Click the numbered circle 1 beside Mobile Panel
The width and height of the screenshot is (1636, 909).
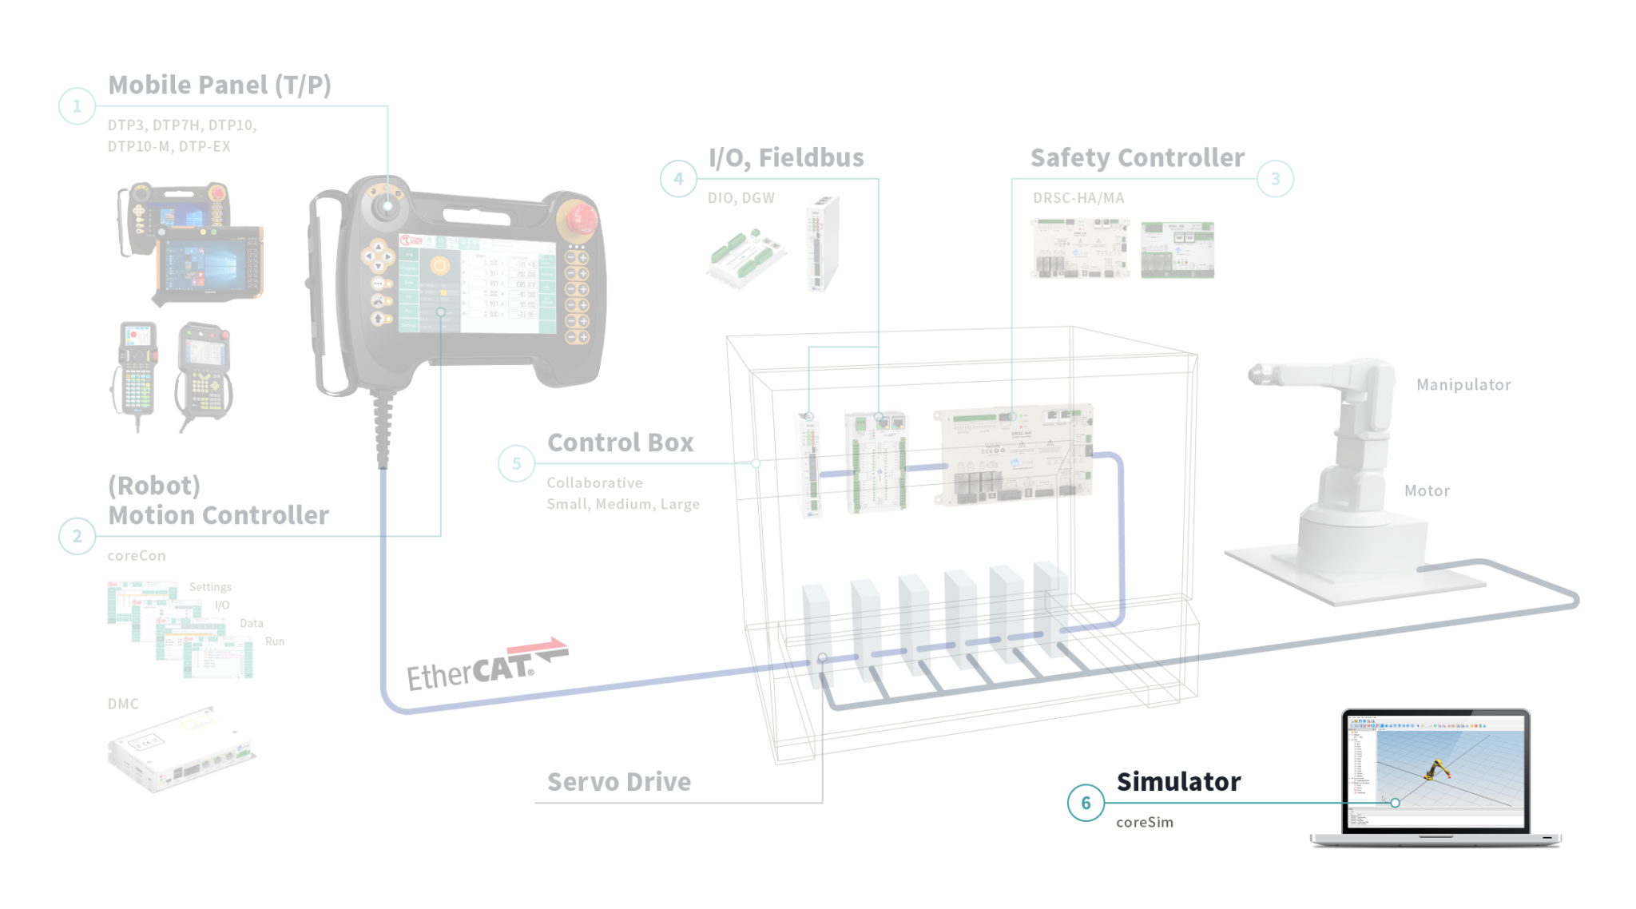[x=77, y=105]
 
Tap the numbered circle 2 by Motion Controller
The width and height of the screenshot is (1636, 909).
[x=77, y=536]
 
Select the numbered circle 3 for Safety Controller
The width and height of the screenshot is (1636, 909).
[x=1275, y=178]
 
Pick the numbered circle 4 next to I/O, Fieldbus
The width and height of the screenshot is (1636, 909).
[x=678, y=178]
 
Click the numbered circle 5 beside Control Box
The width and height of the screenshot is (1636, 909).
[x=516, y=463]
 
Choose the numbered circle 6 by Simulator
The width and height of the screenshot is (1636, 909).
[x=1086, y=802]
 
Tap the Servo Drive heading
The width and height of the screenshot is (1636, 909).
[x=619, y=782]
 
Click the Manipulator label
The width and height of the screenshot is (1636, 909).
[x=1463, y=385]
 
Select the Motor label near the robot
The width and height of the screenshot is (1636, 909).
[x=1427, y=491]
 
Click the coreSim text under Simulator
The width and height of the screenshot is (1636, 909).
[x=1145, y=823]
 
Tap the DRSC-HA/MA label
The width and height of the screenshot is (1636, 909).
[x=1078, y=198]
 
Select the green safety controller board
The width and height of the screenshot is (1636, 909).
[x=1177, y=250]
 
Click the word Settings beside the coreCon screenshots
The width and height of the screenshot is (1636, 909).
[x=210, y=587]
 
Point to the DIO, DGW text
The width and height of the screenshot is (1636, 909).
[x=741, y=198]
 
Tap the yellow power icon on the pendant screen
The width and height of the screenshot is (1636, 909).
[x=439, y=265]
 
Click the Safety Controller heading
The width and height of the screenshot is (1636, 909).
[x=1137, y=158]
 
